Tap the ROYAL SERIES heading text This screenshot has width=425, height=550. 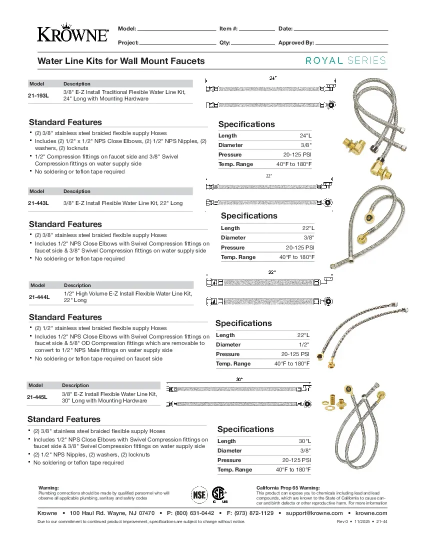pos(345,60)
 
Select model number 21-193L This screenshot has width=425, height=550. pos(39,95)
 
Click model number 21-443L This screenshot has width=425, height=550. pos(39,203)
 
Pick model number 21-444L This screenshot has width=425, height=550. pos(39,297)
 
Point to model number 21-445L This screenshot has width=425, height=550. pos(37,397)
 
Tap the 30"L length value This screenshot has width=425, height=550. pos(304,441)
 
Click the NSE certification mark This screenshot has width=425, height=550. pos(199,494)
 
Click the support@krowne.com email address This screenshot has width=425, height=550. pos(314,513)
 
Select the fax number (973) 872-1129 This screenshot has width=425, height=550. pos(254,513)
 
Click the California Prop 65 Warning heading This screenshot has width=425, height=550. pos(288,487)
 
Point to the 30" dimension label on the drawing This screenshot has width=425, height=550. pos(239,379)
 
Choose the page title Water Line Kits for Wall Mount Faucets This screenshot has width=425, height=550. pos(121,61)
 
